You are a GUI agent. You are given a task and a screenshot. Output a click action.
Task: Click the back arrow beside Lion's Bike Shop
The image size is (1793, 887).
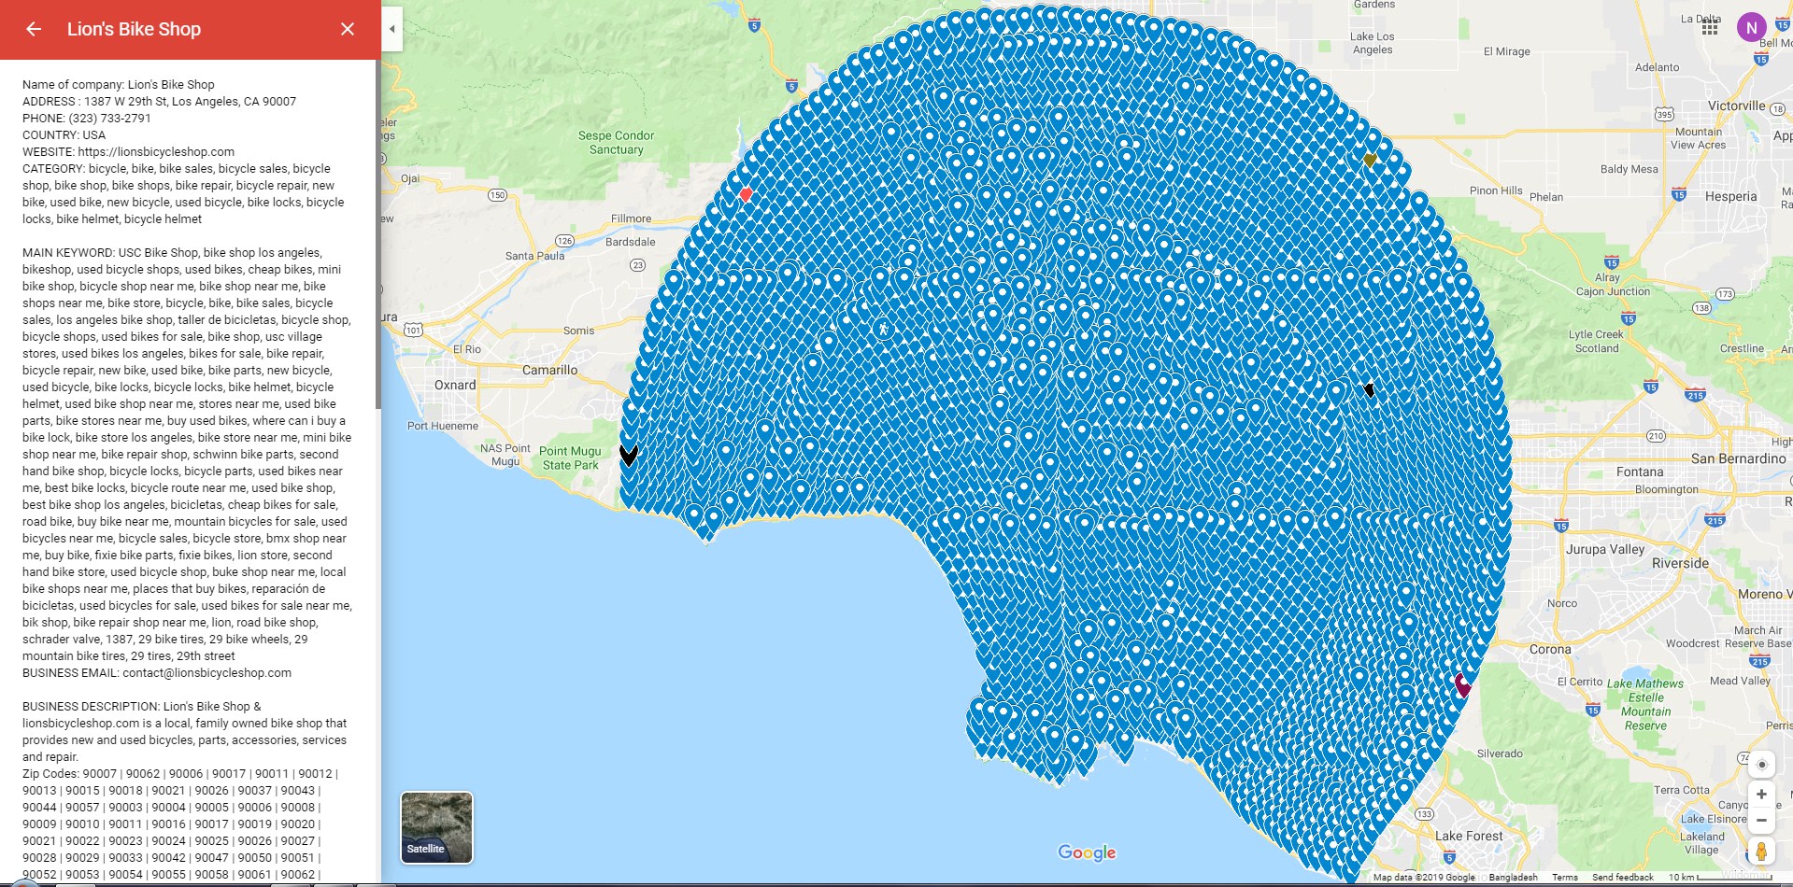34,29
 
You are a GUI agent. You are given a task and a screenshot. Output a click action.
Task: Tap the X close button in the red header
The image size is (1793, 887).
348,29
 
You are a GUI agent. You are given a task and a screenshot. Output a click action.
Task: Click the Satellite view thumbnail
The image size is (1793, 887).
436,827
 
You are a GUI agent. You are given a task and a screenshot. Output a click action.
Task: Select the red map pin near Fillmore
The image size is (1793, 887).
746,194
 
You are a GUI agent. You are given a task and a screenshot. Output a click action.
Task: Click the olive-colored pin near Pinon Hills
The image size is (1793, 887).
1370,161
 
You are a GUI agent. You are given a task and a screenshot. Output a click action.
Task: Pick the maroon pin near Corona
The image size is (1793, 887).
1462,685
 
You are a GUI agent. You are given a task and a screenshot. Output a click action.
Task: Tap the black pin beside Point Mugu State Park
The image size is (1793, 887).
629,455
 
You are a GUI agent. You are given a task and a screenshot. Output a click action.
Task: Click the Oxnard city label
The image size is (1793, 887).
455,385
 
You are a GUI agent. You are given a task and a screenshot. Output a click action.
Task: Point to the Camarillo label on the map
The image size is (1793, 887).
549,370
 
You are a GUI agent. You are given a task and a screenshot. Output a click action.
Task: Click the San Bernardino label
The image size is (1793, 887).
1738,458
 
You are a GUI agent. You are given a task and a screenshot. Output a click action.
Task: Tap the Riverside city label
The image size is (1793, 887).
1680,563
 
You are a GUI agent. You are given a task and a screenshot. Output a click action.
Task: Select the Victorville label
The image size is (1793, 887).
1736,106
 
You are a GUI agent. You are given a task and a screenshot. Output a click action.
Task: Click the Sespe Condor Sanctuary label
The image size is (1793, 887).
616,142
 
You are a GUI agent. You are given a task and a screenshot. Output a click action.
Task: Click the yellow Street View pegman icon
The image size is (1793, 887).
1761,851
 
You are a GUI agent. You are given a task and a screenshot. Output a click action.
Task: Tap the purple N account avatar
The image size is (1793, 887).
1751,28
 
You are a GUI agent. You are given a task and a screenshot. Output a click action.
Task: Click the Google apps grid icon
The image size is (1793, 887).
1710,28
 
